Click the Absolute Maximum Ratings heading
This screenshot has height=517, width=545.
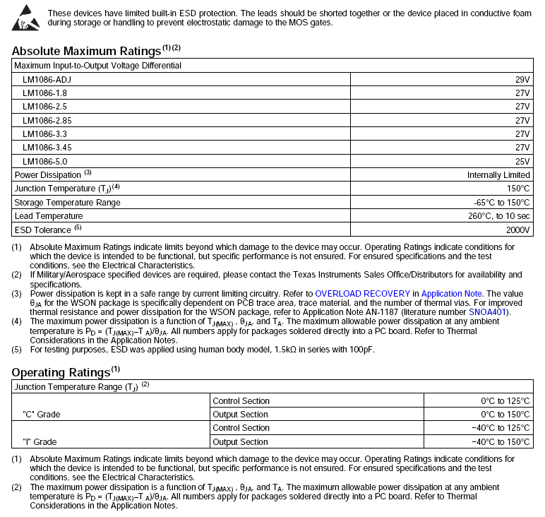pyautogui.click(x=87, y=51)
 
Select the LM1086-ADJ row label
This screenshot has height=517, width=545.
pyautogui.click(x=47, y=79)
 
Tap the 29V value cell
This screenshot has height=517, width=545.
pyautogui.click(x=522, y=79)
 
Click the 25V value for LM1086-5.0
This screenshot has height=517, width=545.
pyautogui.click(x=522, y=161)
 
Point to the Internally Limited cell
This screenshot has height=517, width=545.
pyautogui.click(x=498, y=175)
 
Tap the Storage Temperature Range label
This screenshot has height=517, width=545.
pyautogui.click(x=67, y=203)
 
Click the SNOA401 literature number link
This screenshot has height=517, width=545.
pyautogui.click(x=489, y=311)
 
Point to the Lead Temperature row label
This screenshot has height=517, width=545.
pyautogui.click(x=49, y=216)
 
